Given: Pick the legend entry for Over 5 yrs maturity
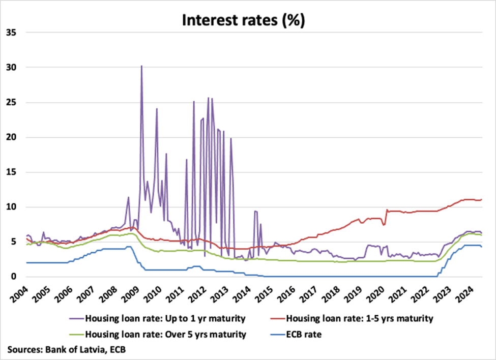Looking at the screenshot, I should click(x=165, y=335).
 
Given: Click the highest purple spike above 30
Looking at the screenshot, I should click(x=141, y=66).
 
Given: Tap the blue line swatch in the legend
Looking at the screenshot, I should click(x=273, y=335).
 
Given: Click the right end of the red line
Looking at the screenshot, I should click(x=481, y=199).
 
